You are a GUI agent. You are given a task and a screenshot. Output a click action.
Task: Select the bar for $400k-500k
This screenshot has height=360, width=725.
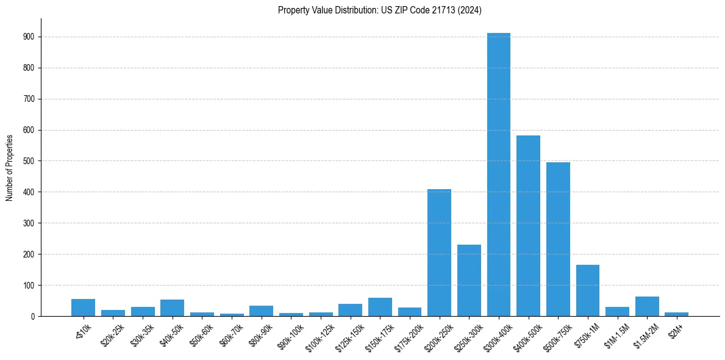[528, 226]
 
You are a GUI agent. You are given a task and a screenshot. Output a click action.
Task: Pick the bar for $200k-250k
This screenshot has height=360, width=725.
[439, 253]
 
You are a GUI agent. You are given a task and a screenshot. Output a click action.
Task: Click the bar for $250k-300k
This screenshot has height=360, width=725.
[469, 281]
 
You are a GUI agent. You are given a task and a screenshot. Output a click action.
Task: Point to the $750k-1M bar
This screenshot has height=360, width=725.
[588, 290]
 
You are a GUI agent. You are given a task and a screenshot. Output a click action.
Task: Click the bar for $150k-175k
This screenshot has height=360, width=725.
[380, 307]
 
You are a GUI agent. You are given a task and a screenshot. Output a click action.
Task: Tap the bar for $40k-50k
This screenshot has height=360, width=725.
[173, 308]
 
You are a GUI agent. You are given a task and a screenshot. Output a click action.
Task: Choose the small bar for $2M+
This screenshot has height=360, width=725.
[677, 314]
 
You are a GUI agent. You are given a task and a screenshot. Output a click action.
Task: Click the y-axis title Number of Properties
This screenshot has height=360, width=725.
[9, 167]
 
